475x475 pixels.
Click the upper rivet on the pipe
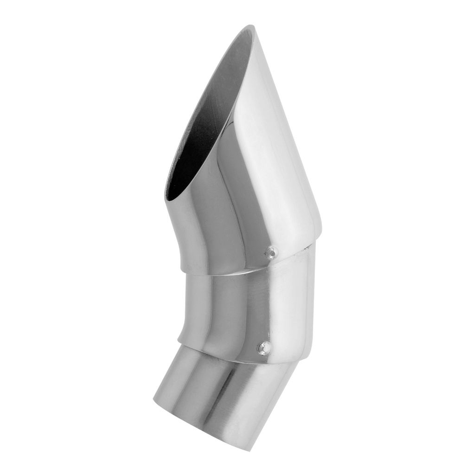click(271, 252)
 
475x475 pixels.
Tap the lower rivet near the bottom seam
click(264, 347)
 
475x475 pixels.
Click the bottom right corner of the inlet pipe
click(253, 450)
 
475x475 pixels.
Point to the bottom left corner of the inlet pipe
click(154, 400)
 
